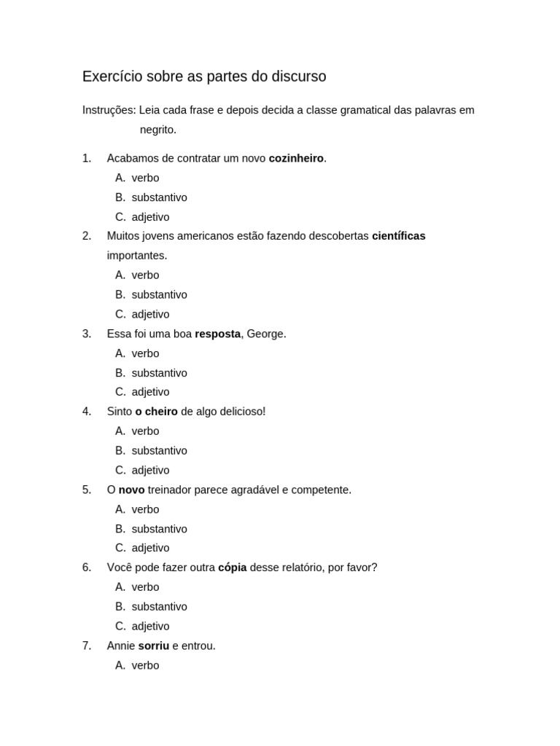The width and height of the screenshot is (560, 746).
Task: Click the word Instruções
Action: [109, 110]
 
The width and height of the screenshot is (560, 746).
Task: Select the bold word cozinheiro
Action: [296, 158]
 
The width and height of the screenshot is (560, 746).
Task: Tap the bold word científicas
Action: [398, 236]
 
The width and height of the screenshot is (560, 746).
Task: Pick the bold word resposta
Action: [217, 334]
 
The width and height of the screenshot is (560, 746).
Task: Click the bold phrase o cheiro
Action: [156, 412]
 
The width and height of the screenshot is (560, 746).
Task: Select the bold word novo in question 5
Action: [131, 490]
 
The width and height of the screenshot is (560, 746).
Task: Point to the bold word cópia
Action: [232, 568]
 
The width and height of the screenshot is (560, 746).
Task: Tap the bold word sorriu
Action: [153, 645]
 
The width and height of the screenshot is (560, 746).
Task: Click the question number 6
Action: [87, 568]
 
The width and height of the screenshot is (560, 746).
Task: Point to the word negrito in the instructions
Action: [157, 130]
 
